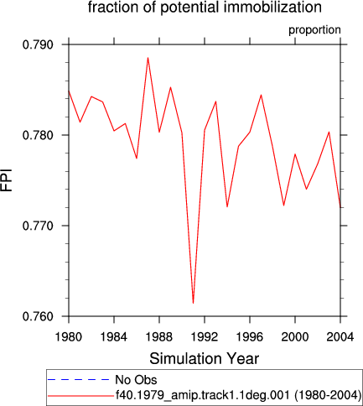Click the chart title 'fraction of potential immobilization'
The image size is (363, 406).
(205, 7)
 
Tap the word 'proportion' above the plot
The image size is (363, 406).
(314, 30)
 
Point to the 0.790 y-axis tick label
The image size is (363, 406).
(38, 44)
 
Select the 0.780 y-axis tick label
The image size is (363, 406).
(38, 135)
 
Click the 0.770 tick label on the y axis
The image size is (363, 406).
(38, 226)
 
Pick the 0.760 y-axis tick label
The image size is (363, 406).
(38, 316)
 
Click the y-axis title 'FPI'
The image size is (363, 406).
(7, 180)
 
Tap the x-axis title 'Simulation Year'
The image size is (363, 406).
(205, 358)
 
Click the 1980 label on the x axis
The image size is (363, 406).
(69, 337)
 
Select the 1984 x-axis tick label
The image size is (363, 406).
(114, 337)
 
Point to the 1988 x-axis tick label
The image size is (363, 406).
(159, 337)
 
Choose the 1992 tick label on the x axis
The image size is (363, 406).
(205, 337)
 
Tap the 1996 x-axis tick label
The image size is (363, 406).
(250, 337)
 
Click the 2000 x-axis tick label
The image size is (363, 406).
(295, 337)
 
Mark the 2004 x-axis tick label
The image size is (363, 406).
(340, 337)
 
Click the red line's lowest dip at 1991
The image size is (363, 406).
(193, 303)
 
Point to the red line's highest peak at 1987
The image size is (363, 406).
(148, 58)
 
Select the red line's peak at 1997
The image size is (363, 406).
(261, 95)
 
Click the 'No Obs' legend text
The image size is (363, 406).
(136, 380)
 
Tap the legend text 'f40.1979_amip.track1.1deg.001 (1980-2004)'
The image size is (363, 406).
(238, 395)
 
